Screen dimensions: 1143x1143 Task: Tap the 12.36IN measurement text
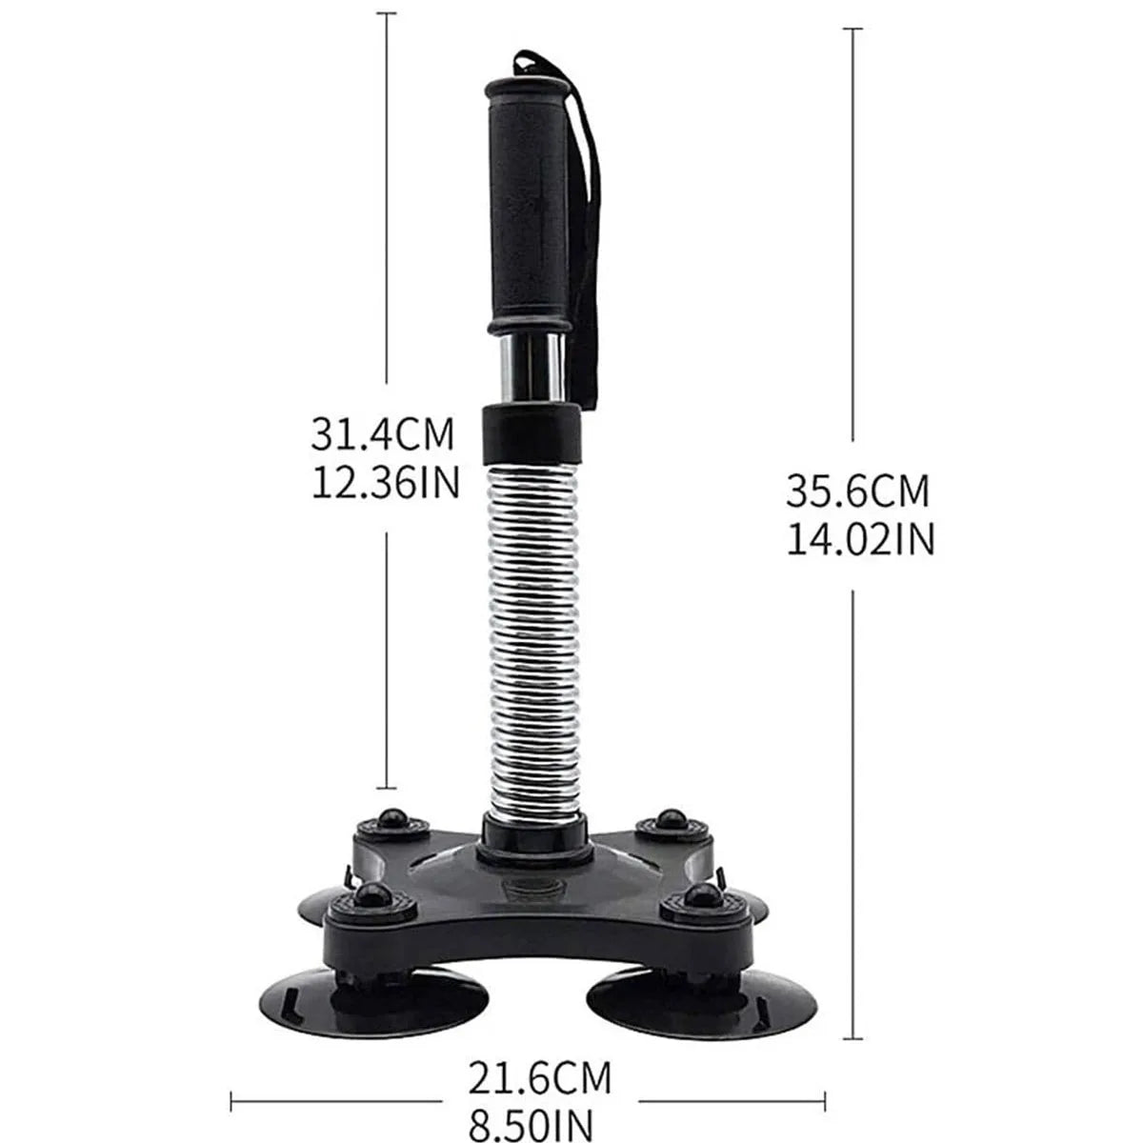point(386,483)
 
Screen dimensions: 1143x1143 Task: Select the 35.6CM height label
point(856,491)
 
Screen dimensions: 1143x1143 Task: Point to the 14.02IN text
point(859,540)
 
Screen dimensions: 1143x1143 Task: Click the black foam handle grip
point(526,210)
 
